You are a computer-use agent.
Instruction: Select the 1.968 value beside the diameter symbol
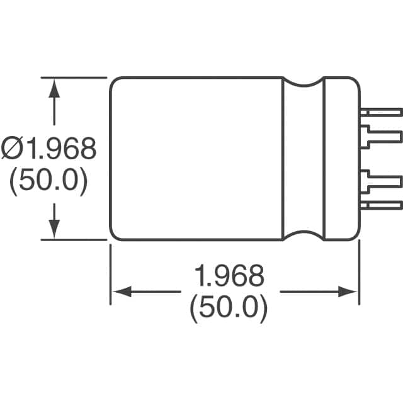60,150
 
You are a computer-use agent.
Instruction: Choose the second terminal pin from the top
380,135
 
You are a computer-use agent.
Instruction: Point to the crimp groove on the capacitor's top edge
303,84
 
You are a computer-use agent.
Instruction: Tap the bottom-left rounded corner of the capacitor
114,236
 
